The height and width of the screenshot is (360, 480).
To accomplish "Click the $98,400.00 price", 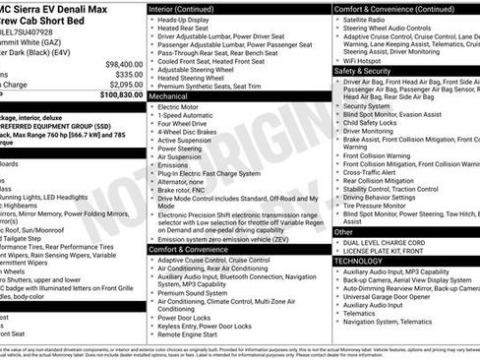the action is pyautogui.click(x=117, y=63).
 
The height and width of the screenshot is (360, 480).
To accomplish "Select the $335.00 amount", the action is pyautogui.click(x=122, y=74).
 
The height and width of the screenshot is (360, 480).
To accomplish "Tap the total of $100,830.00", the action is pyautogui.click(x=116, y=95).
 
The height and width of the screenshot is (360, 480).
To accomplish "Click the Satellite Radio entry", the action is pyautogui.click(x=372, y=20).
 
